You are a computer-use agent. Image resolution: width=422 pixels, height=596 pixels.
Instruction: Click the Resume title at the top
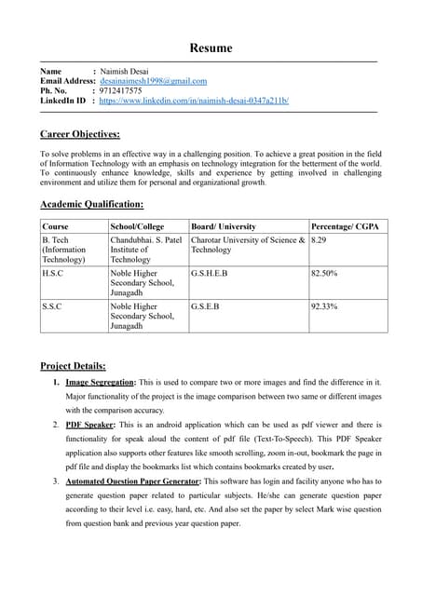[211, 47]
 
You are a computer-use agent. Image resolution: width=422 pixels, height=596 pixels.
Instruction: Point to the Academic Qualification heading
[91, 204]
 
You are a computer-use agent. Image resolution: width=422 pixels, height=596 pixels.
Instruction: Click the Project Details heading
[73, 365]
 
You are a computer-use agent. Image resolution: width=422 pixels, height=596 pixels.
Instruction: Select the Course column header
[55, 226]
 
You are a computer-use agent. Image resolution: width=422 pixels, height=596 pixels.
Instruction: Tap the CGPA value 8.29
[319, 239]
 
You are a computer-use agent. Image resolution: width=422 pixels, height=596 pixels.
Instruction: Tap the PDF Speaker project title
[92, 425]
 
